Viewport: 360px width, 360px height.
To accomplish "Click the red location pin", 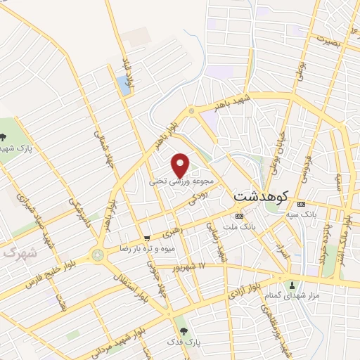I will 181,165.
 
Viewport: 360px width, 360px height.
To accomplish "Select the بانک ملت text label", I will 240,227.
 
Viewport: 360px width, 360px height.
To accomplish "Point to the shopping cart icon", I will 146,238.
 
